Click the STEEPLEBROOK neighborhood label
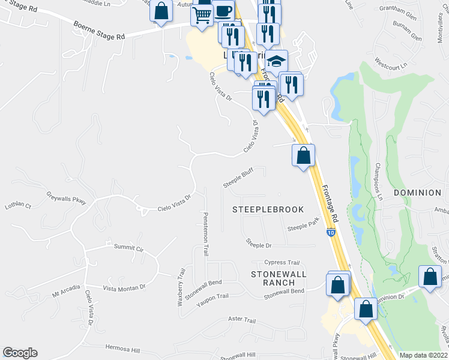268,209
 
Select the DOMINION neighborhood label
417,193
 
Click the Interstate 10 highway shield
331,232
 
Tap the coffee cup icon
223,11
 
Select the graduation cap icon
276,61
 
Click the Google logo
20,353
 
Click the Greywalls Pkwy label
66,198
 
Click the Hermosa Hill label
122,348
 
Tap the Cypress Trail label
282,262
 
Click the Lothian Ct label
17,205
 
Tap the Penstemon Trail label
205,234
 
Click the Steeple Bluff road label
238,178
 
